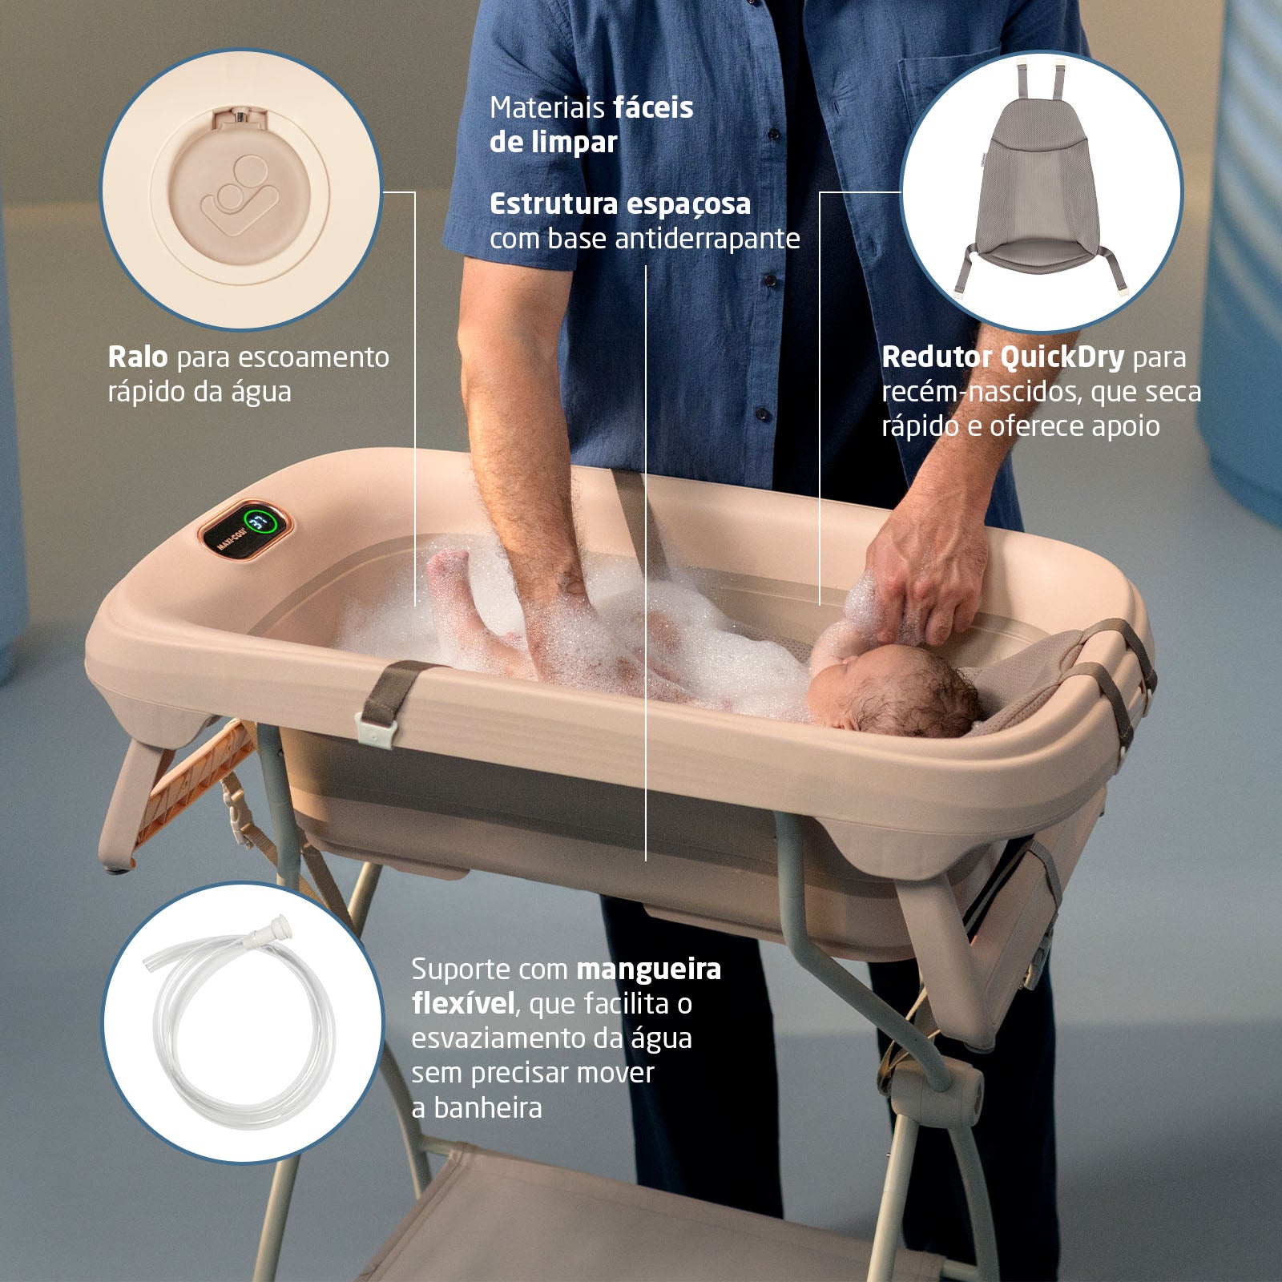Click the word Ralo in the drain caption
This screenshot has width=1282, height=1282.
pyautogui.click(x=137, y=357)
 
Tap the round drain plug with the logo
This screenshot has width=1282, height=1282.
pyautogui.click(x=240, y=193)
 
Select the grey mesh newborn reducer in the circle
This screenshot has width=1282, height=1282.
pyautogui.click(x=1041, y=183)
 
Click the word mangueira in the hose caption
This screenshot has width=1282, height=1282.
pyautogui.click(x=648, y=970)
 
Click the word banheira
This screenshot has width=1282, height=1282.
pyautogui.click(x=488, y=1108)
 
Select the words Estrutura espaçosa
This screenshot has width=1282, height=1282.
pyautogui.click(x=620, y=204)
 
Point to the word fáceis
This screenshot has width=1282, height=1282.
pyautogui.click(x=654, y=107)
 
